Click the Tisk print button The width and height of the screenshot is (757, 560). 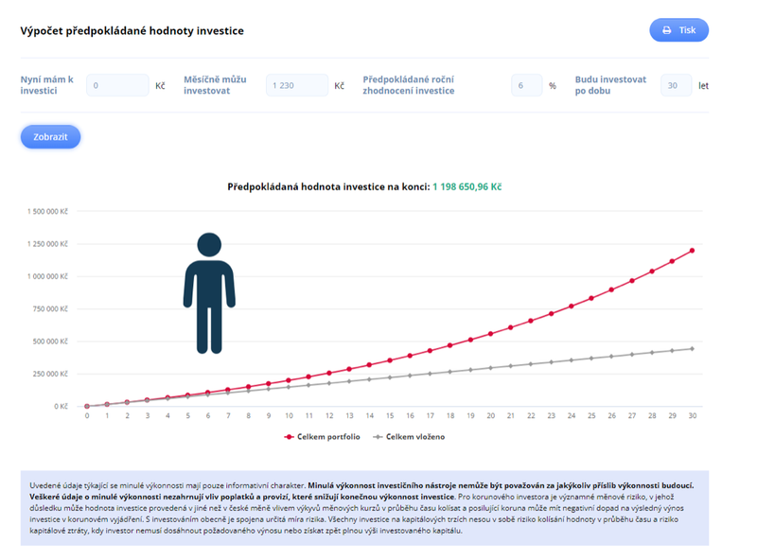point(678,30)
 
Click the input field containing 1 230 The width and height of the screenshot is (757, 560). point(296,86)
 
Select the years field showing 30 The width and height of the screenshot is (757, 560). point(676,86)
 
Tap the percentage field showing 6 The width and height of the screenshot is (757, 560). point(526,86)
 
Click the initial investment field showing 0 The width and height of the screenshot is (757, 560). point(116,86)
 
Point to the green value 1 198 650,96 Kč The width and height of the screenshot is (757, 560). point(467,187)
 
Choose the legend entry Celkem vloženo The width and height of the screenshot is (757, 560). point(409,437)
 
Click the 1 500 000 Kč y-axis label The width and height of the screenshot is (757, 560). point(48,212)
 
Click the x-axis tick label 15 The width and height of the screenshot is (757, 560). point(390,416)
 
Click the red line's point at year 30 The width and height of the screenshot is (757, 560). point(693,251)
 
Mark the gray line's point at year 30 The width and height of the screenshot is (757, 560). point(693,348)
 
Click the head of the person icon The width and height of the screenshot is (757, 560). point(209,245)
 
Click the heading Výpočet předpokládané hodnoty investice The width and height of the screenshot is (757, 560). point(132,31)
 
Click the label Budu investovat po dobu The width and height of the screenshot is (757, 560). point(610,85)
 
